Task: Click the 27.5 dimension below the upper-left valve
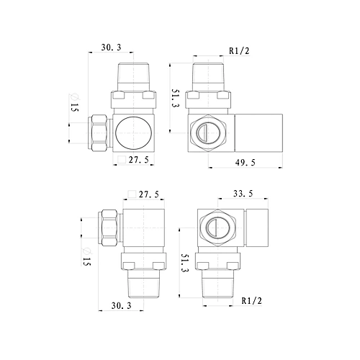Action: [x=138, y=160]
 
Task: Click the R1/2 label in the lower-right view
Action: [x=251, y=301]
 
